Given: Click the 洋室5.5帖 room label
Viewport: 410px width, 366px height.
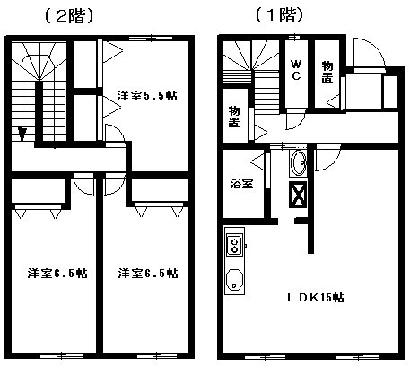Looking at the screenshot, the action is pos(147,96).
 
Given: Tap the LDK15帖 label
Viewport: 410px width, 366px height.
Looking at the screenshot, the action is pos(316,298).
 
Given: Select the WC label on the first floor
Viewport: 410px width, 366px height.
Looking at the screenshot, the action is pos(296,70).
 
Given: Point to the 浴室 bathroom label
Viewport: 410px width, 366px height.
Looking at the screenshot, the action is pos(241,183).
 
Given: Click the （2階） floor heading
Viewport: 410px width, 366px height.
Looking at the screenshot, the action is pos(69,16).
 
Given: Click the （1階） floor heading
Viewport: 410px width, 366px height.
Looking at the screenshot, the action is pos(280,15).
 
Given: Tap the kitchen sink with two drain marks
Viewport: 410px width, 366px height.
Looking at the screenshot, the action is pos(234,245).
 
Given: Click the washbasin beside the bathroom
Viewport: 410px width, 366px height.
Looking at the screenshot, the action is pos(298,163).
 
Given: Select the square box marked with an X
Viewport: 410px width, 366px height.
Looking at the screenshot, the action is pos(298,195).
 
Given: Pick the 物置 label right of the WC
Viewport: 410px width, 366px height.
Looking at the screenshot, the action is pos(327,72).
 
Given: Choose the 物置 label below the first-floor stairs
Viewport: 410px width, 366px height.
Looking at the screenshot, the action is pos(234,117).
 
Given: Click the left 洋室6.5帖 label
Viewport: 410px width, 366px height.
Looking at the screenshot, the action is pos(57,273).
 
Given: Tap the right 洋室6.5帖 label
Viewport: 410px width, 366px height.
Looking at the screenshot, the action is pos(148,273).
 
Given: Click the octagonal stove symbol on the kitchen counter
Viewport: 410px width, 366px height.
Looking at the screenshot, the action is pos(234,280).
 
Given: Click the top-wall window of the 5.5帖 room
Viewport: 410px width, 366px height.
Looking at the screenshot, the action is pos(151,38).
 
